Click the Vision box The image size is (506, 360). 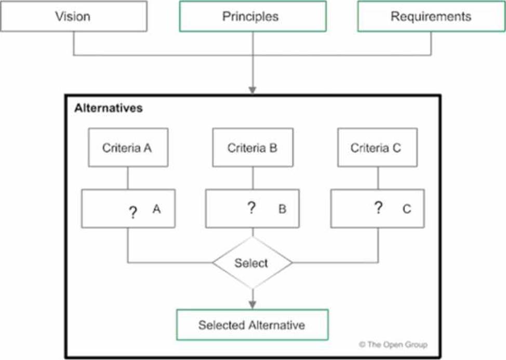[74, 16]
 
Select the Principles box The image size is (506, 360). [252, 16]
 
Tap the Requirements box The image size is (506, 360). [431, 16]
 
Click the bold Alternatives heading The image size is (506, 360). [109, 108]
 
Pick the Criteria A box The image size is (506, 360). [128, 148]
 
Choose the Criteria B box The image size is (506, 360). [252, 148]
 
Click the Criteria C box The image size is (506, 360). [377, 148]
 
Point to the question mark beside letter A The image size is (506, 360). [132, 212]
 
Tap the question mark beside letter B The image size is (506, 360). [251, 207]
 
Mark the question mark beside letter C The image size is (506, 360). [378, 207]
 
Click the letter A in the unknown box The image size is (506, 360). [156, 209]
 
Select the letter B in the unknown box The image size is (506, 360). [282, 209]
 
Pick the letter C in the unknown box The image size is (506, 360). [407, 209]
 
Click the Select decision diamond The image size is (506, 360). [252, 262]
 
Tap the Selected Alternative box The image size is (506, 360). [252, 325]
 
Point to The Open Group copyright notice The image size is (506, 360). [393, 344]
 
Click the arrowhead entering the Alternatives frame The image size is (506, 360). [252, 90]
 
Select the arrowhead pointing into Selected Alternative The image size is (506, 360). [252, 305]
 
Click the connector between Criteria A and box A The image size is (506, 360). [128, 178]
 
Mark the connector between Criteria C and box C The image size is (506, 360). [378, 178]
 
